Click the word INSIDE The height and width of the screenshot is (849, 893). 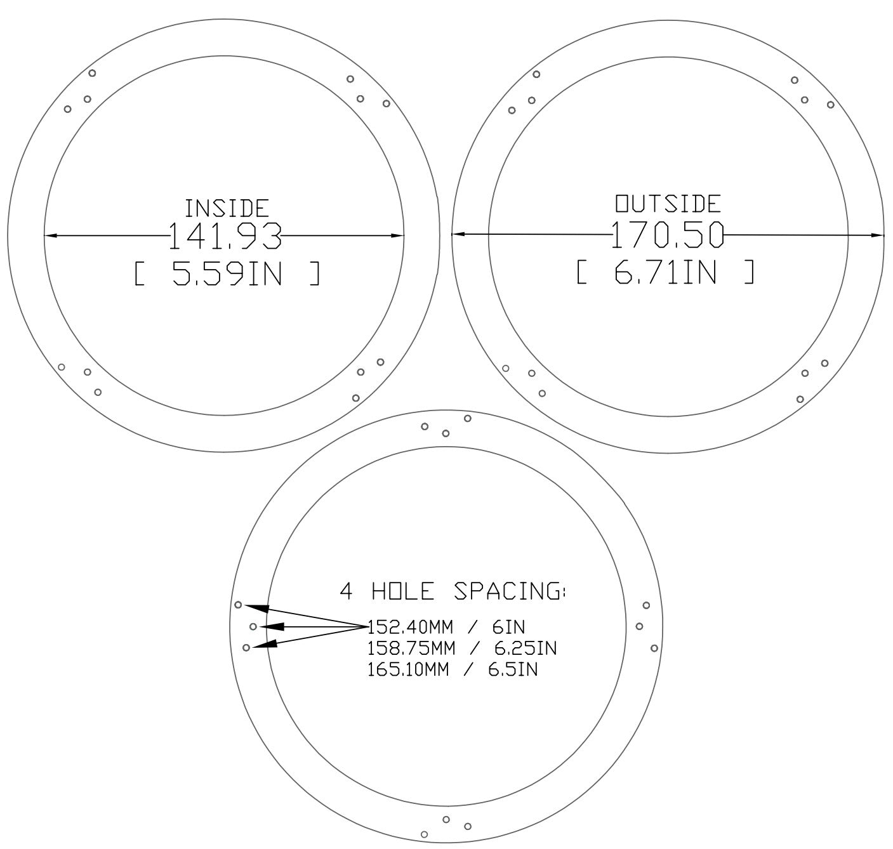pyautogui.click(x=227, y=208)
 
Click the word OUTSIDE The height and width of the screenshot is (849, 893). pyautogui.click(x=668, y=204)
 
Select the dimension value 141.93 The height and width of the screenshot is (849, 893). pyautogui.click(x=225, y=236)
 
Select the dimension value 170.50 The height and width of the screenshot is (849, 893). pyautogui.click(x=667, y=235)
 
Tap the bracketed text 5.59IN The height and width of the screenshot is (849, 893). pyautogui.click(x=227, y=274)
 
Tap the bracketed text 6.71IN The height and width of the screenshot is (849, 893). pyautogui.click(x=666, y=273)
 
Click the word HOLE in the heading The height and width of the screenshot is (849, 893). pyautogui.click(x=403, y=591)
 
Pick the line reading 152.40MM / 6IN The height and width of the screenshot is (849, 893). pyautogui.click(x=447, y=627)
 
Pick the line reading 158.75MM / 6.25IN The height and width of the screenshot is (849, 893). pyautogui.click(x=462, y=648)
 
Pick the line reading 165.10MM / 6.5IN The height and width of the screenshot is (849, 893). pyautogui.click(x=453, y=669)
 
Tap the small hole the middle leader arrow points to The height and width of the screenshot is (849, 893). pyautogui.click(x=253, y=627)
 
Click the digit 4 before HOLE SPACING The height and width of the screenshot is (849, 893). pyautogui.click(x=346, y=591)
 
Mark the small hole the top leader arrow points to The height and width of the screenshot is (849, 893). pyautogui.click(x=238, y=604)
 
